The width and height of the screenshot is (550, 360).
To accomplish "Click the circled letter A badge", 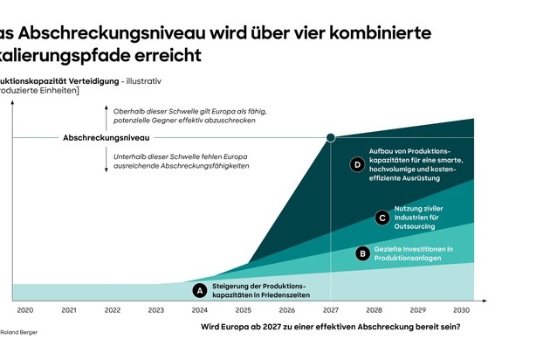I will tap(199, 290).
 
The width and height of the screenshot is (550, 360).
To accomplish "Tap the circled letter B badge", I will tap(362, 253).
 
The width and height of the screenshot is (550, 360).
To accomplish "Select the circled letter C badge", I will tap(382, 218).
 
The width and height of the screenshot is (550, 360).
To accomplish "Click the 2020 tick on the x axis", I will tap(25, 310).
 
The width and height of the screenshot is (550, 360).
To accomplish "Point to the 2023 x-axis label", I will tap(156, 310).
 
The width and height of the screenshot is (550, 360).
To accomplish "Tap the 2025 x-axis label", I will tap(244, 310).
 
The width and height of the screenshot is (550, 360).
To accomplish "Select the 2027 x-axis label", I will tap(331, 310).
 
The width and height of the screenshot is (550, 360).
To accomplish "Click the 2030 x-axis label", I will tap(462, 310).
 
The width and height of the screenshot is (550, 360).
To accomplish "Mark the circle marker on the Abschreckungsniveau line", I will tap(331, 138).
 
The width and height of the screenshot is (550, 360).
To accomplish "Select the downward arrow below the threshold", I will tap(106, 160).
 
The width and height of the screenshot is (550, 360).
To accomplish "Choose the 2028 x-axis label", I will tap(375, 310).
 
